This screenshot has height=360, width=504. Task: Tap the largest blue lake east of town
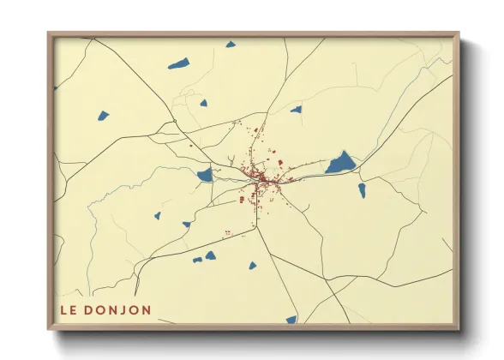[x=340, y=163]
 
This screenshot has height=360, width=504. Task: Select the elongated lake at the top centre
[x=178, y=63]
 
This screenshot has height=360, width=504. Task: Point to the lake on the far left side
[x=104, y=116]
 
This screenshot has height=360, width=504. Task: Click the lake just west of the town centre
[x=205, y=175]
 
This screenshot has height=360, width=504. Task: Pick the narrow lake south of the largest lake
[x=362, y=189]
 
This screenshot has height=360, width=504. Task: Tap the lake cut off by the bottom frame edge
[x=291, y=320]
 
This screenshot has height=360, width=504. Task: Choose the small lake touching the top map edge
[x=230, y=44]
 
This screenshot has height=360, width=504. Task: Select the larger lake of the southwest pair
[x=210, y=255]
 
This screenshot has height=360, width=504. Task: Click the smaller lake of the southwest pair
[x=197, y=260]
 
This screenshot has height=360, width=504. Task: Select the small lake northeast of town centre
[x=296, y=110]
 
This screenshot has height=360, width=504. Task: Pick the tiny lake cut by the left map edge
[x=57, y=87]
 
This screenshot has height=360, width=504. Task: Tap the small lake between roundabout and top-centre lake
[x=203, y=103]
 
